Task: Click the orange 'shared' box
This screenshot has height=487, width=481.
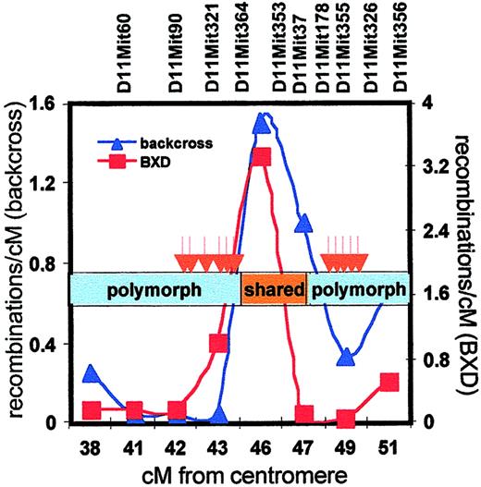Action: pos(274,291)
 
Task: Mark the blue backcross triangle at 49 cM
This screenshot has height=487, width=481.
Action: pos(346,357)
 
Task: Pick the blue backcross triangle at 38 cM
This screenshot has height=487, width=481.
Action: pos(91,373)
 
